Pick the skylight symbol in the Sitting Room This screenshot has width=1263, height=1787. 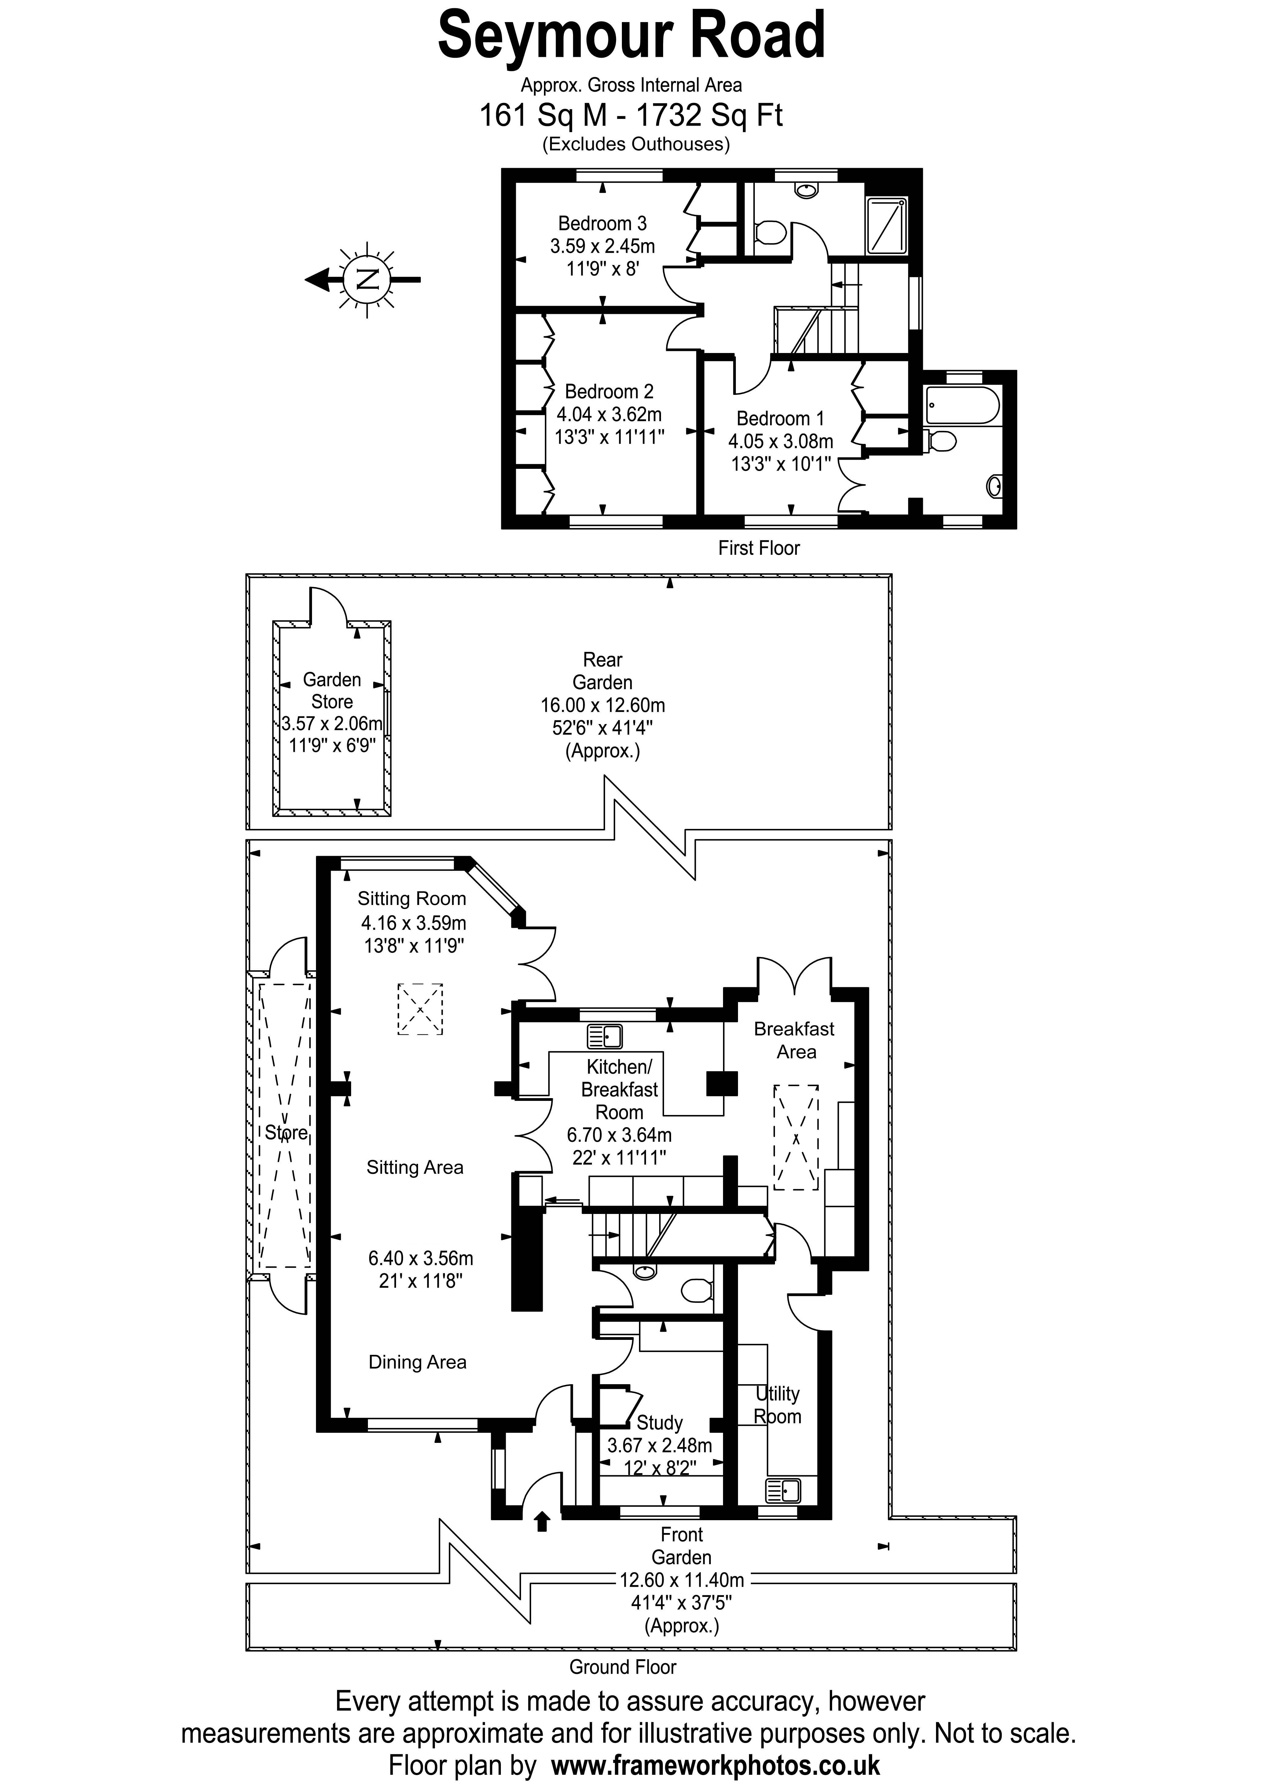420,1009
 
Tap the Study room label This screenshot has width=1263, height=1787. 659,1423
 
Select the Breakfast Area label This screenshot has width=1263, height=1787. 795,1041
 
